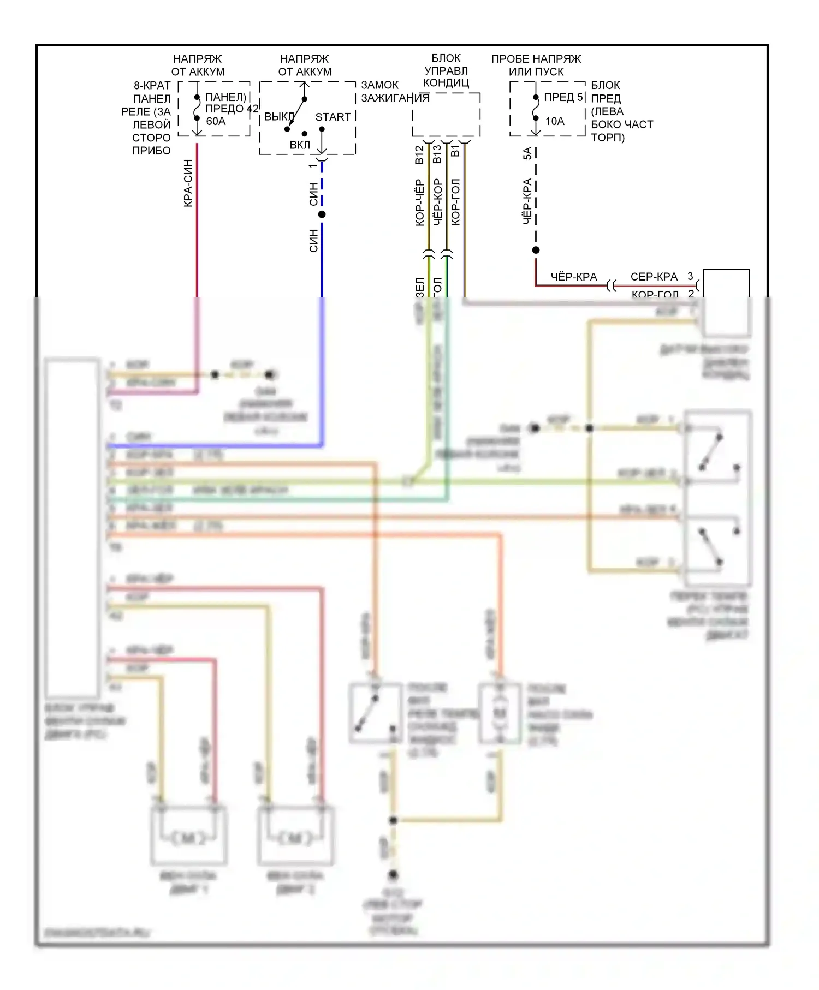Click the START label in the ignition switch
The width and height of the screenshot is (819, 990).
click(333, 117)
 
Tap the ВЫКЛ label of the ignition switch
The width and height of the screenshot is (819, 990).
click(279, 117)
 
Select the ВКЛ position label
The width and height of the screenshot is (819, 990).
click(300, 145)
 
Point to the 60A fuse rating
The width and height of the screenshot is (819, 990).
click(216, 121)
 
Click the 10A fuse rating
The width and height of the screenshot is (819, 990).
click(555, 121)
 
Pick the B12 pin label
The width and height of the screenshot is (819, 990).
click(419, 155)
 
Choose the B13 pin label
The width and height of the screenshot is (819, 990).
click(437, 155)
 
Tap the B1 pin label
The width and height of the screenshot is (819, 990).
click(455, 151)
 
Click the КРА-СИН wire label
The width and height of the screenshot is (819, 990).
click(188, 183)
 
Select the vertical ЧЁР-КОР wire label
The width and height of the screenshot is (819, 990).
click(437, 201)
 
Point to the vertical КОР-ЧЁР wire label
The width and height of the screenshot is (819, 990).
click(419, 202)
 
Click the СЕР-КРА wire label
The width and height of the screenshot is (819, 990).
click(654, 277)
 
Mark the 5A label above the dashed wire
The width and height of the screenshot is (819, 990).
click(527, 153)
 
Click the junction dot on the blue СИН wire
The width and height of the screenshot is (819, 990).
click(322, 214)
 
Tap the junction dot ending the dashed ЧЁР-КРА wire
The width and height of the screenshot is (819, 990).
click(536, 250)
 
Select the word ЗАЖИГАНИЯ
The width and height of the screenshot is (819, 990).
click(395, 98)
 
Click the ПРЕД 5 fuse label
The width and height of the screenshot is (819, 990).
click(564, 98)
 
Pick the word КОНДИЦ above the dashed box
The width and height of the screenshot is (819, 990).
click(446, 83)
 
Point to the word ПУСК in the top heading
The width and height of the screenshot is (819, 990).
click(550, 71)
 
